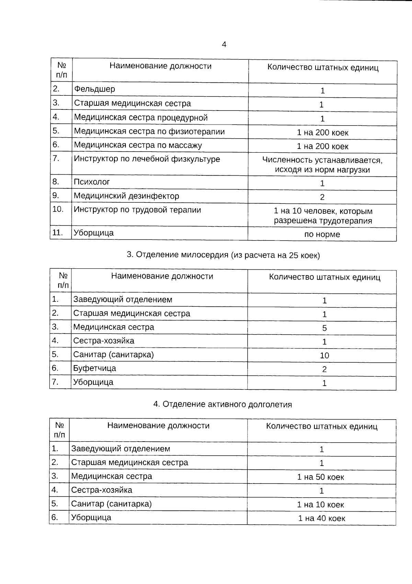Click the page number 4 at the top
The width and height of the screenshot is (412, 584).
pyautogui.click(x=224, y=45)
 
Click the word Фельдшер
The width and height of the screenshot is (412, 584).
pyautogui.click(x=95, y=89)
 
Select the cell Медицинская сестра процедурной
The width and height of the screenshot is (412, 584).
pyautogui.click(x=141, y=118)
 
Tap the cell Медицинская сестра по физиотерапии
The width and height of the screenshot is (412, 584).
pyautogui.click(x=149, y=131)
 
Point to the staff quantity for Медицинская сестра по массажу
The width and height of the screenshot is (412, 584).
pyautogui.click(x=322, y=147)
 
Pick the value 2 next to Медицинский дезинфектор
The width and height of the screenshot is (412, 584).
pyautogui.click(x=322, y=197)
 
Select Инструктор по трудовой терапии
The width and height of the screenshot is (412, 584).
pyautogui.click(x=137, y=210)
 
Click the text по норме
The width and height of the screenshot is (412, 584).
pyautogui.click(x=322, y=235)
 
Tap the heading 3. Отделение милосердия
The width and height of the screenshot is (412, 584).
pyautogui.click(x=223, y=255)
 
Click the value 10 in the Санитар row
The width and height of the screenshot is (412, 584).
pyautogui.click(x=324, y=356)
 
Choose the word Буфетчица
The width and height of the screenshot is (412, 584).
pyautogui.click(x=94, y=369)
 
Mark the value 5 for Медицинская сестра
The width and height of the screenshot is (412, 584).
pyautogui.click(x=324, y=328)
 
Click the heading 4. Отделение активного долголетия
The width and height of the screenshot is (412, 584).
pyautogui.click(x=222, y=405)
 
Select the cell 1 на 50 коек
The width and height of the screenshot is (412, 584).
pyautogui.click(x=321, y=477)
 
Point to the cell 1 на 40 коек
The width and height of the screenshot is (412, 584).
pyautogui.click(x=321, y=518)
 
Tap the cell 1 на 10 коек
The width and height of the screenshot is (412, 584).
pyautogui.click(x=321, y=505)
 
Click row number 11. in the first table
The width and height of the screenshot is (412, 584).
pyautogui.click(x=57, y=233)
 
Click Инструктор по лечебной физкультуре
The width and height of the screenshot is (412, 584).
pyautogui.click(x=147, y=159)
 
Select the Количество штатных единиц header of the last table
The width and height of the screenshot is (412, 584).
pyautogui.click(x=322, y=427)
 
